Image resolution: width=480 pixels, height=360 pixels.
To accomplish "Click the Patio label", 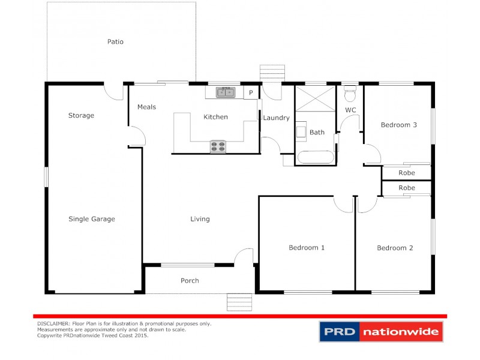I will [115, 42].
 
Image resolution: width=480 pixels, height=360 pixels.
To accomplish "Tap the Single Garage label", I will [91, 219].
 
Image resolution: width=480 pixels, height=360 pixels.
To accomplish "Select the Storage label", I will [81, 115].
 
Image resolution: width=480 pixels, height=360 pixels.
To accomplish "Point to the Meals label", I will [146, 107].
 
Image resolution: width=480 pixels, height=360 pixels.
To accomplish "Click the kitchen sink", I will [226, 92].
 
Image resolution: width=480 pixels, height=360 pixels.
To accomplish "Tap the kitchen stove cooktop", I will [217, 146].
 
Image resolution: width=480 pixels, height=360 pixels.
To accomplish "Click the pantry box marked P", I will [251, 92].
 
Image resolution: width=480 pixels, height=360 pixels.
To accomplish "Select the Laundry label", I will [276, 118].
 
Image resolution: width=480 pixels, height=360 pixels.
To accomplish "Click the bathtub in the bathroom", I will [315, 158].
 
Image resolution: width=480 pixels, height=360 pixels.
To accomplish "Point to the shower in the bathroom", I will [315, 98].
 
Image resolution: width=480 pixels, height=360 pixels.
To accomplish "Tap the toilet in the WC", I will [350, 95].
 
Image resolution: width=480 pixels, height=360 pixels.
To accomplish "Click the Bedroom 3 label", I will [399, 125].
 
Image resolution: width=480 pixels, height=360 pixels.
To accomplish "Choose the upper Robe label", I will [407, 173].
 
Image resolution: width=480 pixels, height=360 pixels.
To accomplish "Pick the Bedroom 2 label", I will [395, 248].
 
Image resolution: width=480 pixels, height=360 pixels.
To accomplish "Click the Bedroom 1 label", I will [307, 247].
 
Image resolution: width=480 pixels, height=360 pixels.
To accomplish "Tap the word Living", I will [200, 219].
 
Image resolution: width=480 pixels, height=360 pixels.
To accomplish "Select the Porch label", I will [190, 280].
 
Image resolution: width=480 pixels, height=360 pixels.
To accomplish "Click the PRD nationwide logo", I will [380, 331].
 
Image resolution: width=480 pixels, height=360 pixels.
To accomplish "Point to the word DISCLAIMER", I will [53, 323].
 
